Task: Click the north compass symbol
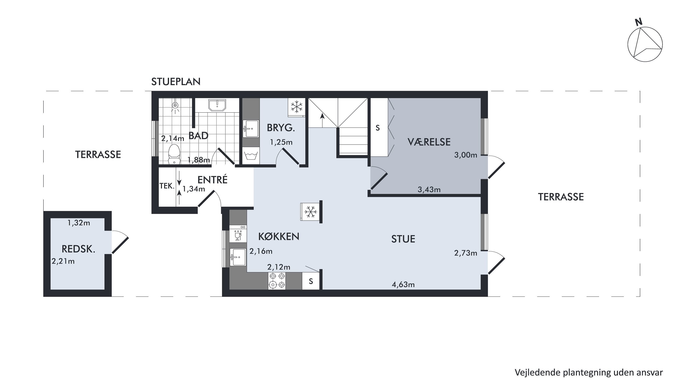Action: [645, 44]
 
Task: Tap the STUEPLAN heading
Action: [176, 82]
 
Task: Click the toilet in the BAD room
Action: [174, 154]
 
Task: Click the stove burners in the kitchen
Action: [277, 281]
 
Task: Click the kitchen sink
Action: [238, 257]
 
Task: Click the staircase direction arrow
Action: [322, 120]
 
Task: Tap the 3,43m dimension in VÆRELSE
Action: [429, 189]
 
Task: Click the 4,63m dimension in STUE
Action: [403, 285]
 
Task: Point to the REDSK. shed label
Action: [78, 249]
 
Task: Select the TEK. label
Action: [167, 186]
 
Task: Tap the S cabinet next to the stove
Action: [311, 281]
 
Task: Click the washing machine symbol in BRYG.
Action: [251, 155]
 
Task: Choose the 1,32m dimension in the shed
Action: [79, 223]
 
